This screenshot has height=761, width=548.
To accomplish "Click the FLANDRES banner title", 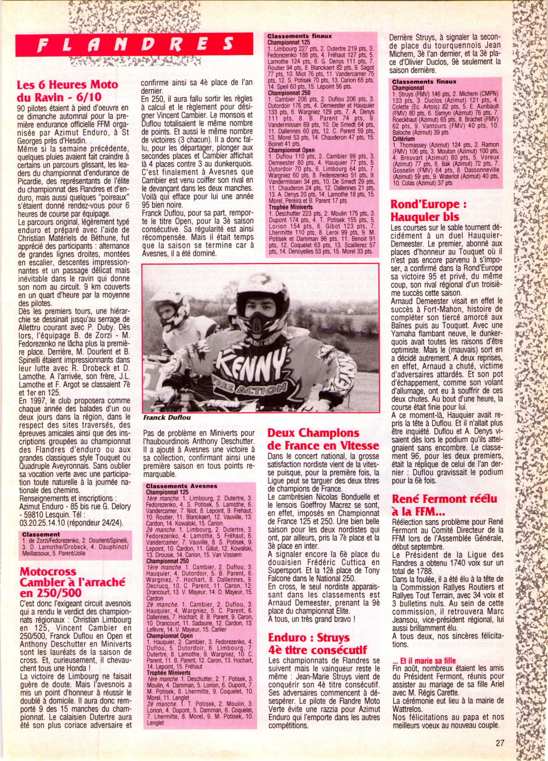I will point(136,45).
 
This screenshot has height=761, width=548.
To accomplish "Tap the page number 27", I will point(500,742).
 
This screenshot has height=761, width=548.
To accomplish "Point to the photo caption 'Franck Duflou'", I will point(167,417).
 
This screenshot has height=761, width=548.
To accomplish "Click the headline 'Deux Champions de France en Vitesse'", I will point(323,439).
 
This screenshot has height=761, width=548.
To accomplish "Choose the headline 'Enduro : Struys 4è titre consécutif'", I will point(317,643).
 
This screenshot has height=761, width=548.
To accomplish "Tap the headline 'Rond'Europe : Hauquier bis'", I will point(428,210).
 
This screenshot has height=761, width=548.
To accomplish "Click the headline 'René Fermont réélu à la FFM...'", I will point(444,505).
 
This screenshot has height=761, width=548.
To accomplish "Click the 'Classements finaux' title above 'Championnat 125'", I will point(299,36).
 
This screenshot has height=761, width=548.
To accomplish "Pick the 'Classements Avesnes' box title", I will point(181,486).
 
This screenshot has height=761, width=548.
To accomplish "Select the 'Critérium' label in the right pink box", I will point(403,139).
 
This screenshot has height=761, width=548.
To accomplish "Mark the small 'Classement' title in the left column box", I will point(41,534).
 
